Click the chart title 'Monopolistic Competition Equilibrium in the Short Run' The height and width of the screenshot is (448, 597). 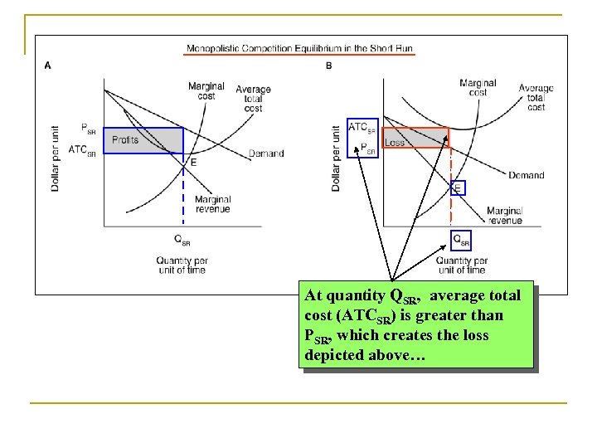(x=300, y=48)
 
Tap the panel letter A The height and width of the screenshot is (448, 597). (x=48, y=66)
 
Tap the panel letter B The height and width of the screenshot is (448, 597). (x=329, y=66)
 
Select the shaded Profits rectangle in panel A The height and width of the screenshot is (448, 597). (x=147, y=140)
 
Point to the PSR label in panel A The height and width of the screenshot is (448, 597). (x=89, y=128)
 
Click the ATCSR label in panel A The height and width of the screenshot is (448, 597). (x=82, y=150)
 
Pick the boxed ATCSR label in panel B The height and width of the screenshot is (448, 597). (x=362, y=128)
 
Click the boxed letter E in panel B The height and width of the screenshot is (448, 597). (x=458, y=188)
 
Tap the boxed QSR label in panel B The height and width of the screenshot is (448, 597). (x=461, y=241)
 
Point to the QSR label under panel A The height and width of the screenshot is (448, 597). (x=182, y=241)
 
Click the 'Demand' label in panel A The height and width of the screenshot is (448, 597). (x=266, y=153)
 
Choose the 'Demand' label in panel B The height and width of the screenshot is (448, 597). (x=527, y=175)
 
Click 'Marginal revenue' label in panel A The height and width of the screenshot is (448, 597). (x=212, y=204)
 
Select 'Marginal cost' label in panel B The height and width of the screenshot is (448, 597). (x=478, y=87)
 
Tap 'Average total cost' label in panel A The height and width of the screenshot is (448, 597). (x=254, y=99)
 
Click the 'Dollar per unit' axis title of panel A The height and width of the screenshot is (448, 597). (x=56, y=158)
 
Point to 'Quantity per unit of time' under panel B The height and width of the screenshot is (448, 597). (x=462, y=265)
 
